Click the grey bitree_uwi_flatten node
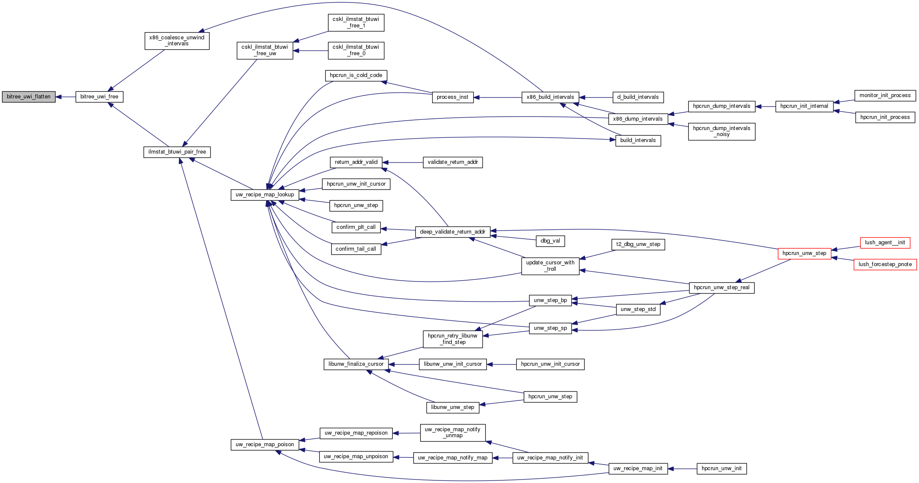point(29,97)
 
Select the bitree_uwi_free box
point(99,97)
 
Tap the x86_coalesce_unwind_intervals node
point(177,41)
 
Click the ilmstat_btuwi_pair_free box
point(177,152)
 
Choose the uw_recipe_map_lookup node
point(264,195)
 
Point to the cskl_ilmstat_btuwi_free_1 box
point(356,22)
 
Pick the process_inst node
point(452,97)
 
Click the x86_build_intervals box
point(550,97)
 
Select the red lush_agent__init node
point(885,243)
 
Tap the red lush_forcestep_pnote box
point(885,264)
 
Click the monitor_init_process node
point(885,95)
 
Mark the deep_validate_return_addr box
point(452,232)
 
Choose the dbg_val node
point(550,241)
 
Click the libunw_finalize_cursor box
point(356,364)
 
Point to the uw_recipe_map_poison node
point(264,444)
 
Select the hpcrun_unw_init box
point(721,468)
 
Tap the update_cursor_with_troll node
point(550,266)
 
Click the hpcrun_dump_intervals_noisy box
point(721,131)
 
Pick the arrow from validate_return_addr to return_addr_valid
point(402,162)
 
